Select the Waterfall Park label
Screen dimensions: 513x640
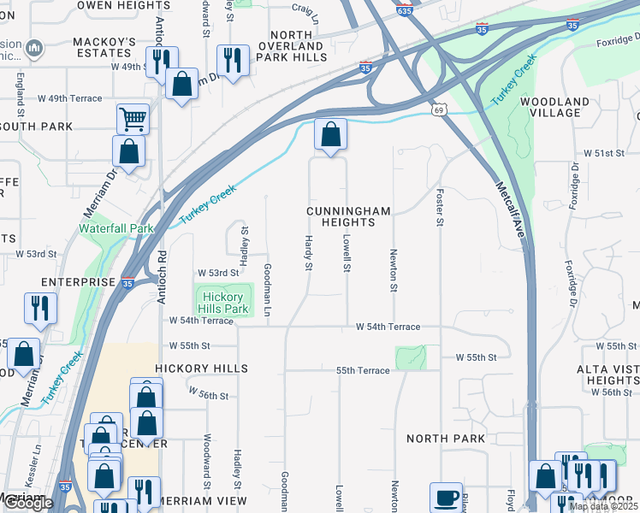[x=116, y=228]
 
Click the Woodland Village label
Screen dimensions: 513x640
[x=560, y=107]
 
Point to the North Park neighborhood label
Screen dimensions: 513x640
[x=446, y=439]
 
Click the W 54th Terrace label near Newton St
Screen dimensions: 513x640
[x=388, y=327]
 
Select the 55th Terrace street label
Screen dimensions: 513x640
[x=363, y=370]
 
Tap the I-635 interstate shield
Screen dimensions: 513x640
[x=405, y=11]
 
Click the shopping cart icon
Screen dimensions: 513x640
[x=133, y=118]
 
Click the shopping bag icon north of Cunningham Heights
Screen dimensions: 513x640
[x=330, y=134]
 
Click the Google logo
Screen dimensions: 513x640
[x=28, y=504]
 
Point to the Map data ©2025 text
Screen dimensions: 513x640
[x=602, y=506]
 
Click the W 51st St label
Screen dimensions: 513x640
[x=604, y=152]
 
